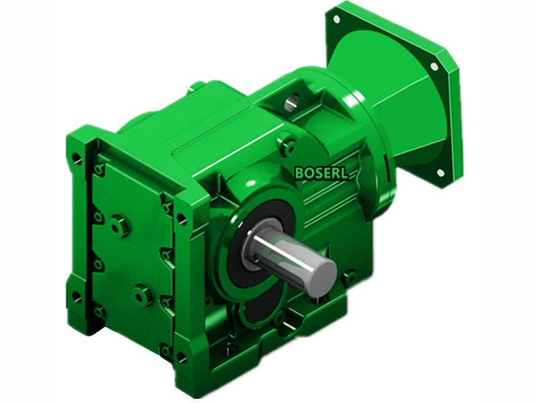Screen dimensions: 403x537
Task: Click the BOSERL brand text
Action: coord(322,173)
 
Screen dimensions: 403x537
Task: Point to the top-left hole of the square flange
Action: coord(335,19)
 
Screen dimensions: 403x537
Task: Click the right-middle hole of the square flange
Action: coord(434,66)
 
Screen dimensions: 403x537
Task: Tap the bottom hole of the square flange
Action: coord(440,173)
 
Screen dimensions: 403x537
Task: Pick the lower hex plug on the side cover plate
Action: coord(142,294)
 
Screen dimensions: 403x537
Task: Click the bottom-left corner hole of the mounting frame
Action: coord(77,296)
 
